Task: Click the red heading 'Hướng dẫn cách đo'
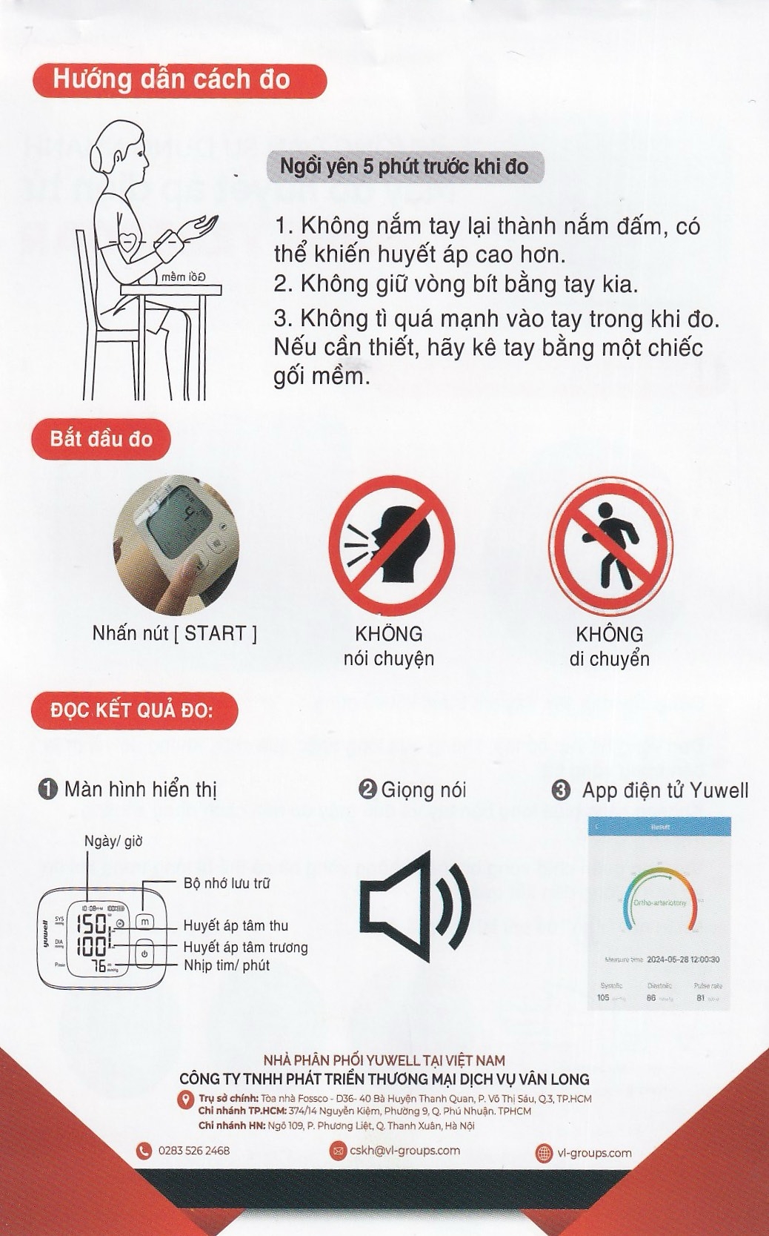click(x=179, y=80)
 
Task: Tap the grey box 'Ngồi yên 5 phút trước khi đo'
click(x=404, y=166)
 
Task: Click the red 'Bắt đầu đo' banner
click(x=101, y=438)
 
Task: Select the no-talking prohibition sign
click(x=391, y=546)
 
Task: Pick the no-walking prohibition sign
click(x=610, y=546)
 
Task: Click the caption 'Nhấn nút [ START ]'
click(x=174, y=633)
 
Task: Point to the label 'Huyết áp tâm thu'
click(x=236, y=925)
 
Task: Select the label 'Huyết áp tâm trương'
click(x=245, y=947)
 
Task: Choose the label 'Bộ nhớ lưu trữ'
click(x=227, y=883)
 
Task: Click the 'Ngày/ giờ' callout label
click(x=113, y=841)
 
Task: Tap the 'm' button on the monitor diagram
click(x=145, y=922)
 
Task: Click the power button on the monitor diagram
click(x=144, y=954)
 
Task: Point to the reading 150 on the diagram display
click(x=92, y=925)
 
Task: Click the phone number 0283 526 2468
click(x=193, y=1151)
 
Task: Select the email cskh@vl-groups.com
click(x=405, y=1151)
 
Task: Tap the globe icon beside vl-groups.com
click(x=544, y=1153)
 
